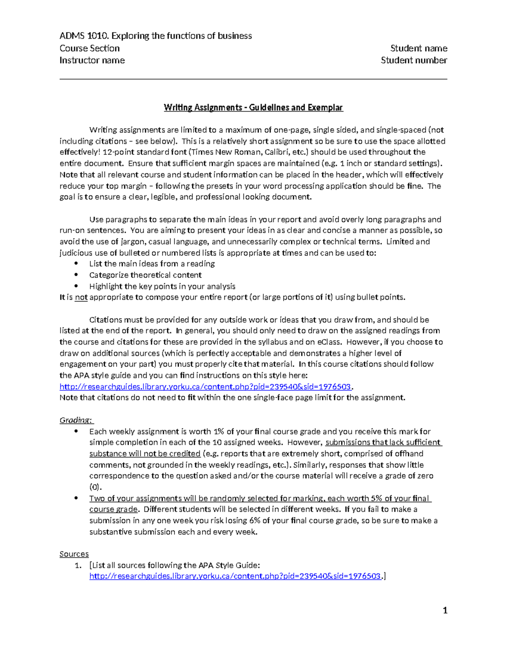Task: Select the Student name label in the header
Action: (418, 48)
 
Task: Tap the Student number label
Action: (414, 60)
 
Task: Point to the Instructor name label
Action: (92, 60)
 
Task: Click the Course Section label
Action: (90, 48)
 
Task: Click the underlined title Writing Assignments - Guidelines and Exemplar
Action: (253, 107)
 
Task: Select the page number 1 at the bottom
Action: (444, 610)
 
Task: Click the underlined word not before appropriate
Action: (81, 297)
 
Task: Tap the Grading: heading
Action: (76, 420)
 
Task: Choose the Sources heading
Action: (74, 554)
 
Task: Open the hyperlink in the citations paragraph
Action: (205, 387)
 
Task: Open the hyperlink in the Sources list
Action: (235, 576)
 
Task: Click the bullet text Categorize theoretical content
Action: (145, 275)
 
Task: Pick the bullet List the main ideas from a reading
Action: (152, 264)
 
